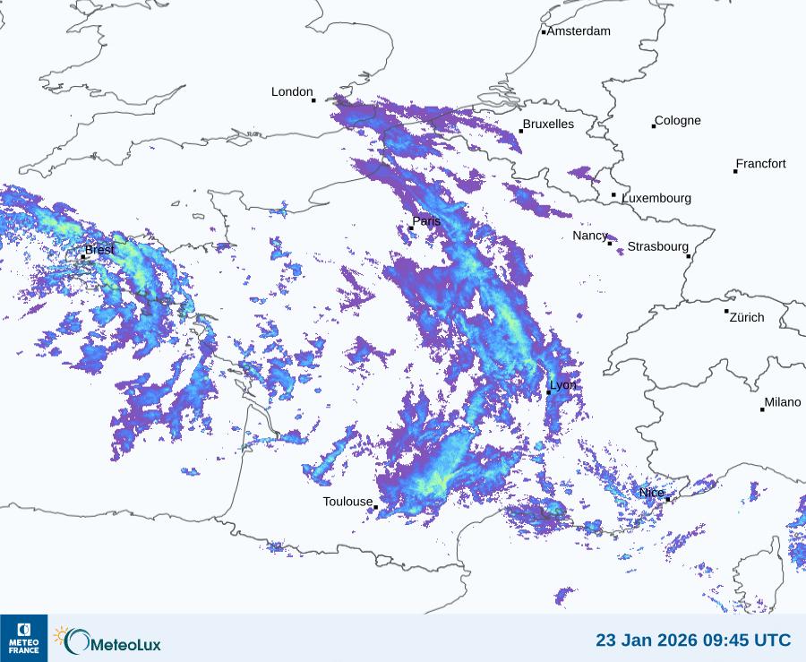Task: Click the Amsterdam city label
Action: pos(579,31)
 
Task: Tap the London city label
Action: pos(292,92)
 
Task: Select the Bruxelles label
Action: pos(548,125)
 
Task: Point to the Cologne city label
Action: pos(678,121)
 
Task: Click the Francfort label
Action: pos(760,164)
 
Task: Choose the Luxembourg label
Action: pos(656,198)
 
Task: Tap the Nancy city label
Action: pos(590,236)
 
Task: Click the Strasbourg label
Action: pos(657,246)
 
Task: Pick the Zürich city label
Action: pos(747,317)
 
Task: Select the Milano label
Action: pos(782,402)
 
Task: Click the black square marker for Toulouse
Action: pos(376,508)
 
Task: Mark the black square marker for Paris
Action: pos(411,228)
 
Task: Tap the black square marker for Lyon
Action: pos(549,392)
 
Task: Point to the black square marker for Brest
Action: pos(83,257)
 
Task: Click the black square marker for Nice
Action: pos(668,499)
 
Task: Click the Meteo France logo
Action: pos(24,638)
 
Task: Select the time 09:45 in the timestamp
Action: pos(716,641)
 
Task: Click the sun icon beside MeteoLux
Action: pos(61,635)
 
